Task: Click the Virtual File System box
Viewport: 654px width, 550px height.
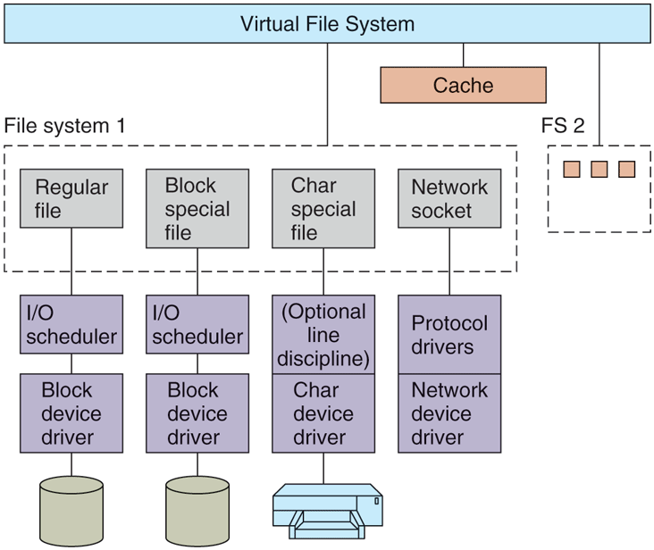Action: (x=327, y=23)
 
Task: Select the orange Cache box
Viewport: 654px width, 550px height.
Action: (x=463, y=85)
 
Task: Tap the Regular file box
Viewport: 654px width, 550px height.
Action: (x=71, y=198)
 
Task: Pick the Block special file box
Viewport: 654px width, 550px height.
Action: (x=197, y=208)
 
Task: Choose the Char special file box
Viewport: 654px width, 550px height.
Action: (x=323, y=208)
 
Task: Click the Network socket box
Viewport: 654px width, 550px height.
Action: (x=449, y=198)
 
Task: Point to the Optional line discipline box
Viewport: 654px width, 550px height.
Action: (x=323, y=335)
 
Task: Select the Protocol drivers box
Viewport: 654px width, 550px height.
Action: (x=449, y=335)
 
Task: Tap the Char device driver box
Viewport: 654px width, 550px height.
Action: (x=323, y=413)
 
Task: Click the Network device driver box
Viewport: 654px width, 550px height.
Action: (x=449, y=413)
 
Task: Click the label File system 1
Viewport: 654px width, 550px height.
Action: (x=65, y=125)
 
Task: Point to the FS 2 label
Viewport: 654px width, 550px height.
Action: (x=563, y=125)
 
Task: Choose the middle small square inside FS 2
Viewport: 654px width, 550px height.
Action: (x=599, y=169)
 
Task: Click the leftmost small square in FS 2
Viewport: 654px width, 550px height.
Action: (x=571, y=169)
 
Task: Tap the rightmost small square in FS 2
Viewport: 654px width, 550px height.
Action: (x=626, y=169)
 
